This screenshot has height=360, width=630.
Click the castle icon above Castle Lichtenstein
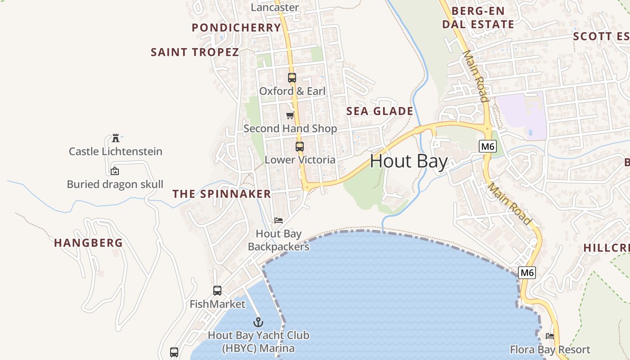[x=116, y=138]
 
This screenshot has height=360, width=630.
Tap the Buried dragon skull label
[x=115, y=184]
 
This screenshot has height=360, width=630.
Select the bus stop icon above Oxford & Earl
[x=292, y=78]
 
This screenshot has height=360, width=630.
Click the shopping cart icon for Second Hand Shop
[x=290, y=116]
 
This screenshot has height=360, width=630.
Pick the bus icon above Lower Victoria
[x=299, y=147]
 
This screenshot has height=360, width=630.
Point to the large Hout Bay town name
[x=409, y=162]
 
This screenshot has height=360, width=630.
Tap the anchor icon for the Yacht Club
[x=258, y=322]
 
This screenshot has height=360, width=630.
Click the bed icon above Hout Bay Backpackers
[x=279, y=220]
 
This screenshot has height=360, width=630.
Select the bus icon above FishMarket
[x=217, y=291]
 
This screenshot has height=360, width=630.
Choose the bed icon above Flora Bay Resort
[x=550, y=336]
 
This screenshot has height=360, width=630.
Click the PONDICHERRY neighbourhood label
[x=236, y=27]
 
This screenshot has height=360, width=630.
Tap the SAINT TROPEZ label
[x=195, y=52]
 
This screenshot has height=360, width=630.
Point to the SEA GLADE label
[x=380, y=111]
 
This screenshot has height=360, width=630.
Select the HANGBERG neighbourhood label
[x=88, y=243]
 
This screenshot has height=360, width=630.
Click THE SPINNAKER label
[x=222, y=194]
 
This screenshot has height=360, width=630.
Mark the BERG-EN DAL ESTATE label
[x=478, y=18]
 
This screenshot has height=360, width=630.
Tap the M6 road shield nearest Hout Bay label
[x=488, y=146]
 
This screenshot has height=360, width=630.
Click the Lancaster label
[x=274, y=7]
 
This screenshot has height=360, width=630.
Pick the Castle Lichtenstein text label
[x=115, y=151]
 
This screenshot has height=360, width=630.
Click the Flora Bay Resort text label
[x=550, y=350]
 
